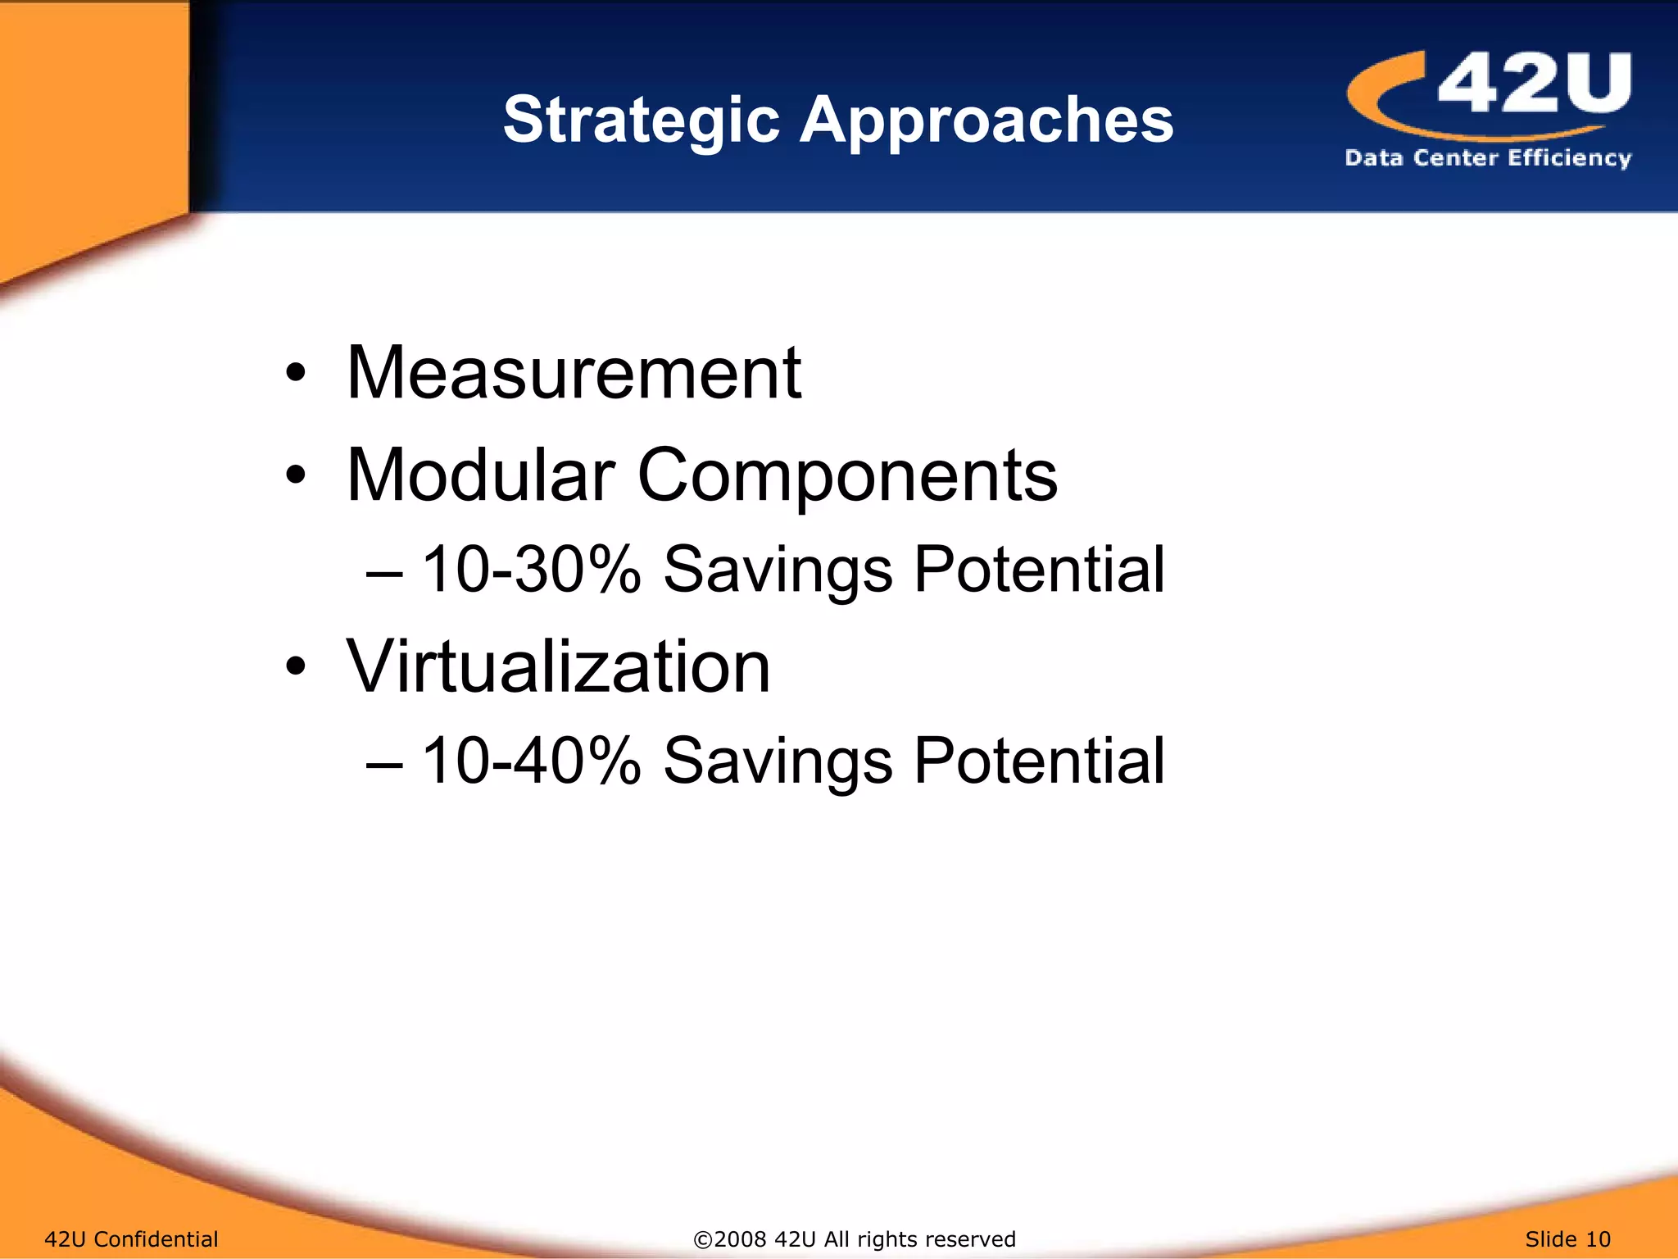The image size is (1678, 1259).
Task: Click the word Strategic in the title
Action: pos(641,120)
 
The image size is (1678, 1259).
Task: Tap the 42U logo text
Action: pos(1534,83)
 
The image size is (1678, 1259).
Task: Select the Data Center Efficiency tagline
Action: pos(1488,157)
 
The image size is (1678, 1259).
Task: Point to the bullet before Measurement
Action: pos(296,375)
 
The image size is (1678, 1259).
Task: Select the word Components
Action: pos(847,477)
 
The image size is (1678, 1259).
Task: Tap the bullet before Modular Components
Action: pos(296,476)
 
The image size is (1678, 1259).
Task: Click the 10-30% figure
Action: pos(530,570)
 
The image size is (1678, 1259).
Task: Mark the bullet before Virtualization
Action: pos(296,667)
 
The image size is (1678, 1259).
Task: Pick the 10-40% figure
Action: pos(530,761)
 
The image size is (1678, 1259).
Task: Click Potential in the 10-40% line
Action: pos(1038,761)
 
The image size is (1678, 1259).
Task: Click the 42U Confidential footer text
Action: pos(131,1239)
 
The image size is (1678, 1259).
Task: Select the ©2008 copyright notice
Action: pos(855,1239)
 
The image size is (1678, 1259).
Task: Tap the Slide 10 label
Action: pos(1567,1239)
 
